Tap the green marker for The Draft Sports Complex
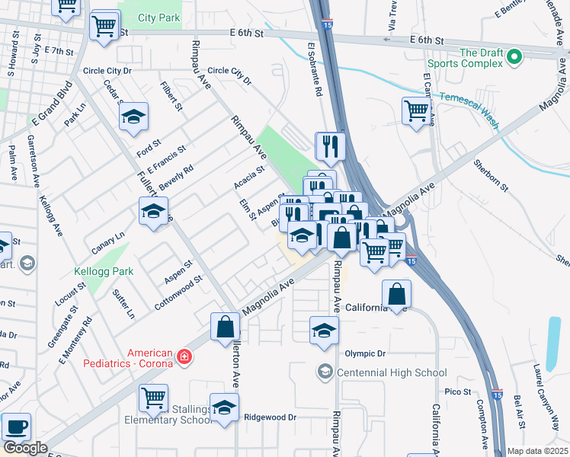514,56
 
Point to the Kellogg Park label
104,271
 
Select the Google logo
25,447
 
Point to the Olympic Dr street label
366,353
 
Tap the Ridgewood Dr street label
270,417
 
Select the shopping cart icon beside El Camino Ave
416,110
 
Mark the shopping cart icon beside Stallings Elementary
153,397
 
